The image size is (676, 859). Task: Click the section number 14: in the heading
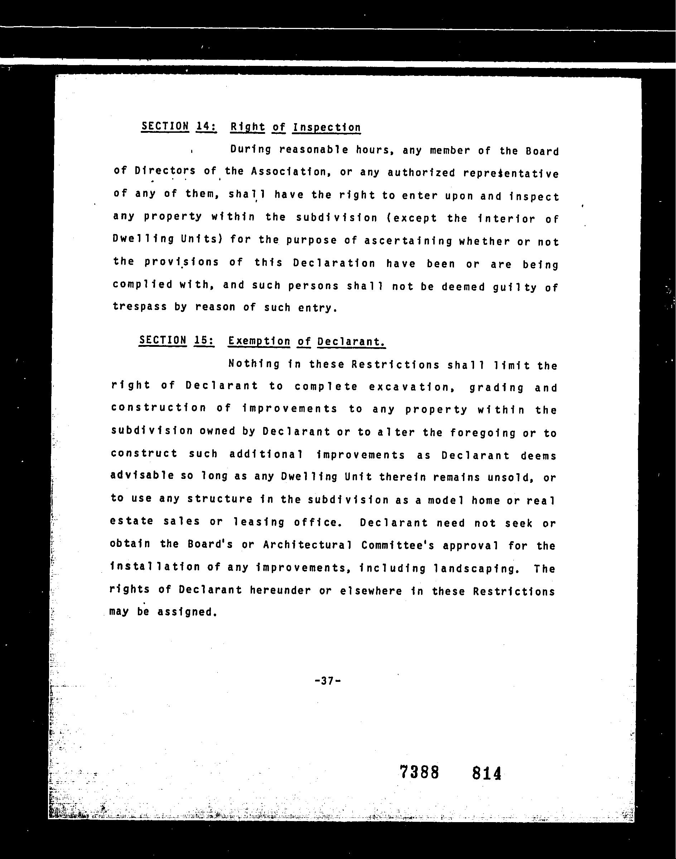(x=206, y=126)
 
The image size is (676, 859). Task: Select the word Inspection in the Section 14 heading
(x=327, y=127)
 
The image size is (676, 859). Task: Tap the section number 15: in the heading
(x=204, y=340)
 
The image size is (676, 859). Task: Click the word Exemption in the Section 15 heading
(x=259, y=341)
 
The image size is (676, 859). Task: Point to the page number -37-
(x=327, y=680)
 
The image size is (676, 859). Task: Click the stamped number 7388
(x=419, y=772)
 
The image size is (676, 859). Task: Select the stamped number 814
(x=487, y=773)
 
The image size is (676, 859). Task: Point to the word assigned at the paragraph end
(x=187, y=612)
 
